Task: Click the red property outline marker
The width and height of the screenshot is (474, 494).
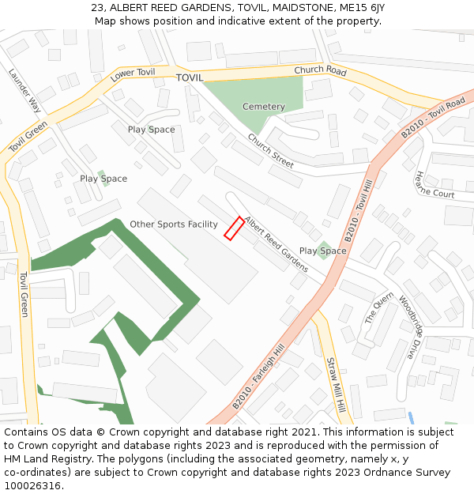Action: (233, 228)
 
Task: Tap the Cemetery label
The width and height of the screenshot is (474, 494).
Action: (263, 107)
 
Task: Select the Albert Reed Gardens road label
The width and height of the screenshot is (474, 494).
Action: (276, 244)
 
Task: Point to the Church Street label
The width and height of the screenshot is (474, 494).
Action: (270, 151)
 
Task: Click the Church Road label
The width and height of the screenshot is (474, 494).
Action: (320, 71)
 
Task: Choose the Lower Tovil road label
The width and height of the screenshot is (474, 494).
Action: (133, 74)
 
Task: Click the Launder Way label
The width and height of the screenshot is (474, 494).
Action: (24, 90)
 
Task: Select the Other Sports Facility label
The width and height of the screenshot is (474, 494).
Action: (173, 224)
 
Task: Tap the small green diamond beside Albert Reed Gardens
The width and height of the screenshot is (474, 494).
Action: (324, 251)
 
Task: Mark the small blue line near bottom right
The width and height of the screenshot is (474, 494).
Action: (411, 417)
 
